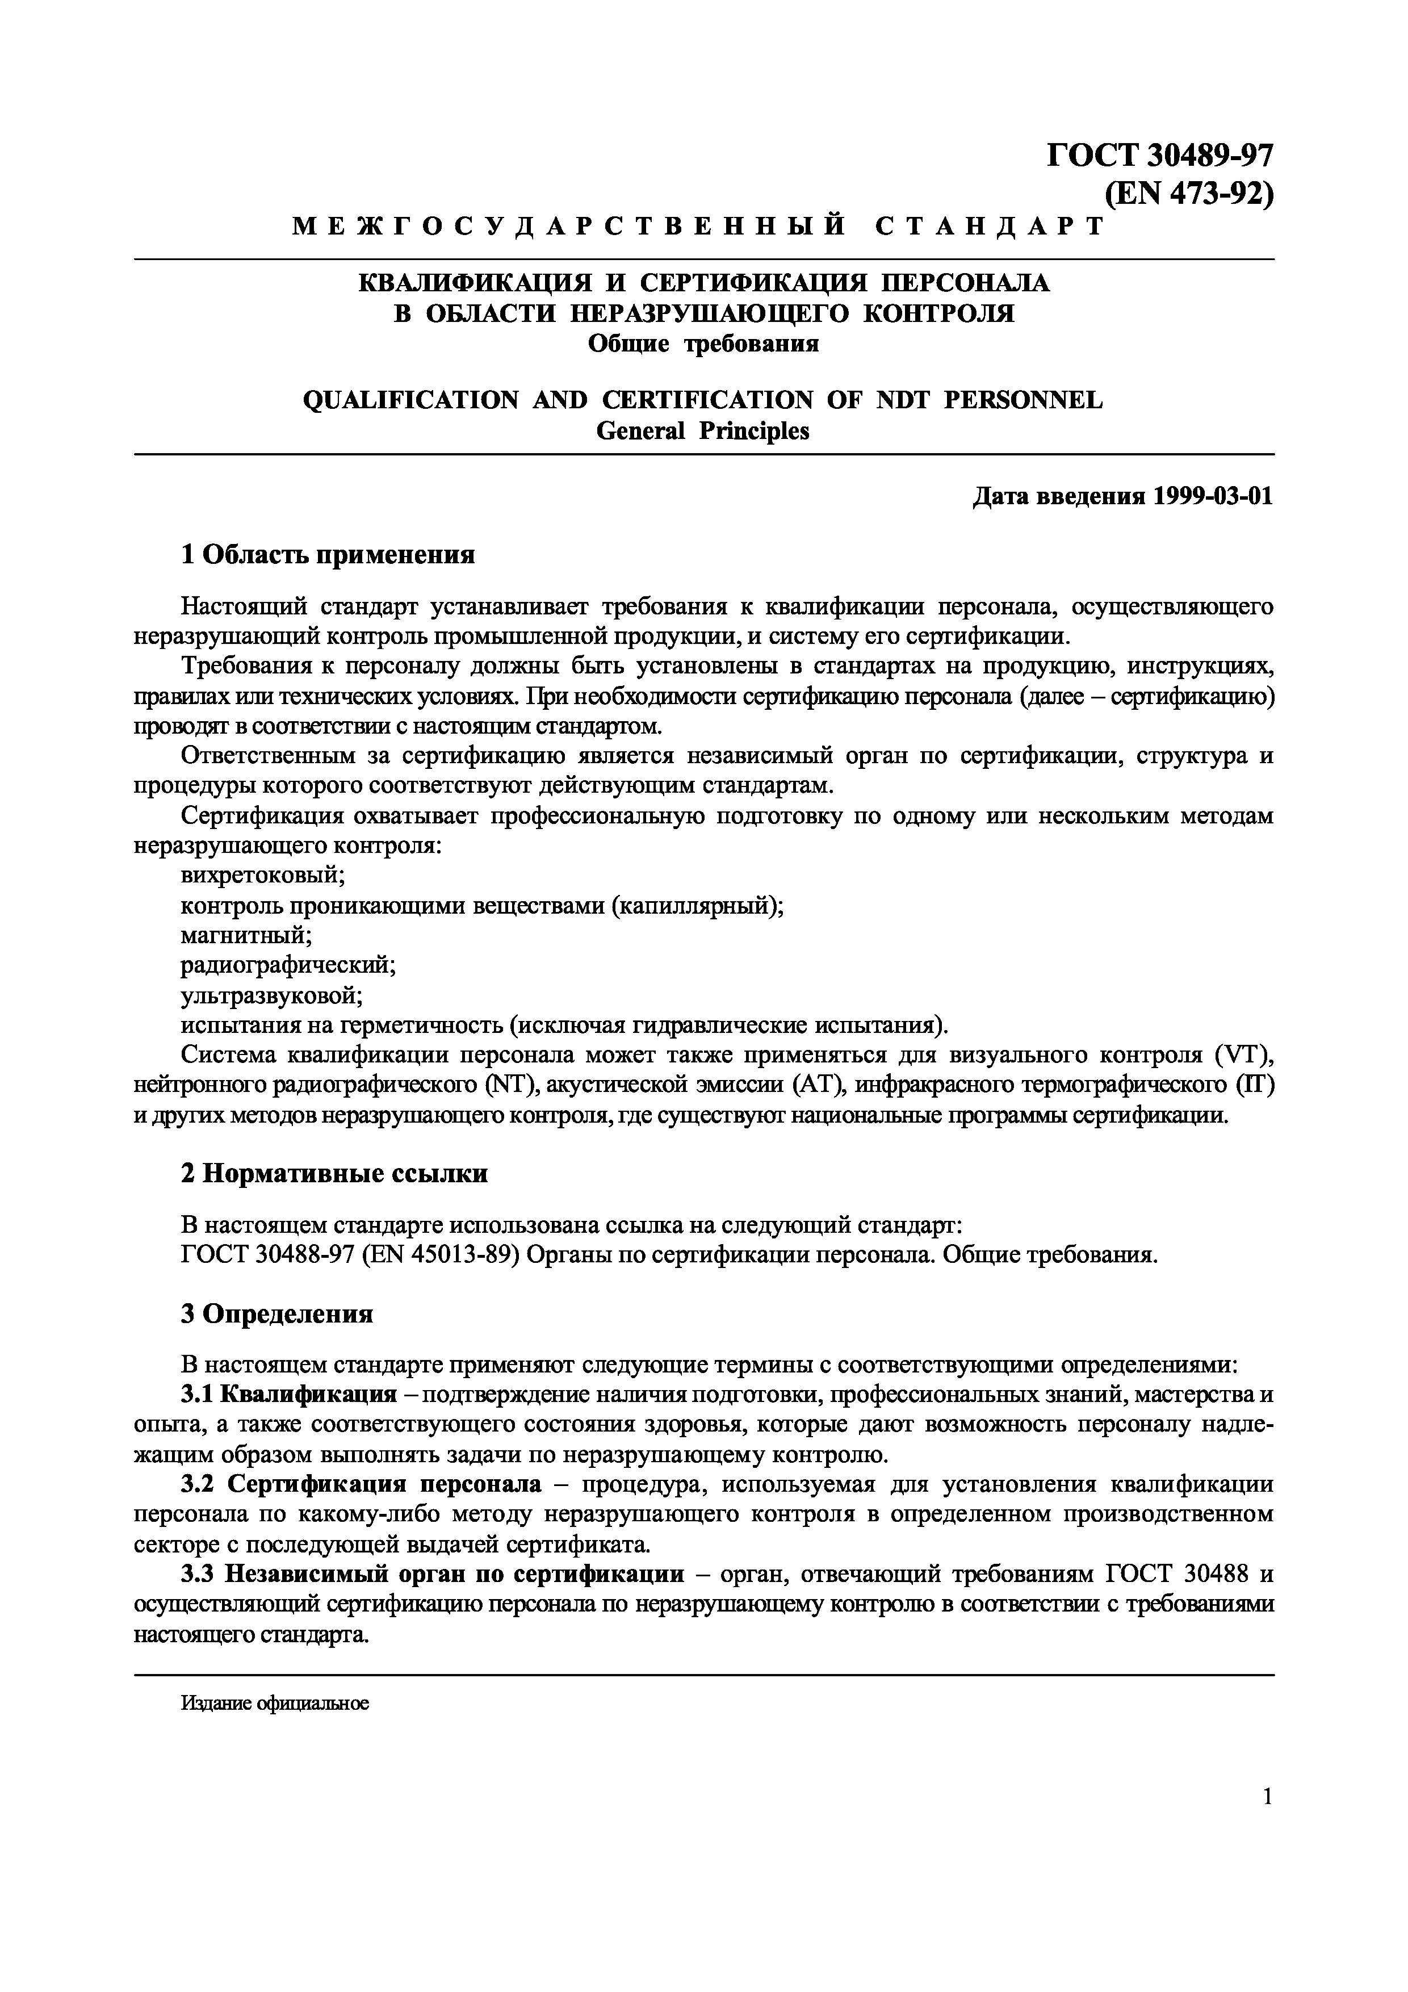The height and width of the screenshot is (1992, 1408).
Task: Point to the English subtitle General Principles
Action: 703,431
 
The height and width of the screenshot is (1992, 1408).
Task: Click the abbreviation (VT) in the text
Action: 1243,1055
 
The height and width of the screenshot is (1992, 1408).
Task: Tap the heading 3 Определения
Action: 276,1315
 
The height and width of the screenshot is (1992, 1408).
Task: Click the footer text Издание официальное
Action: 275,1703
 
